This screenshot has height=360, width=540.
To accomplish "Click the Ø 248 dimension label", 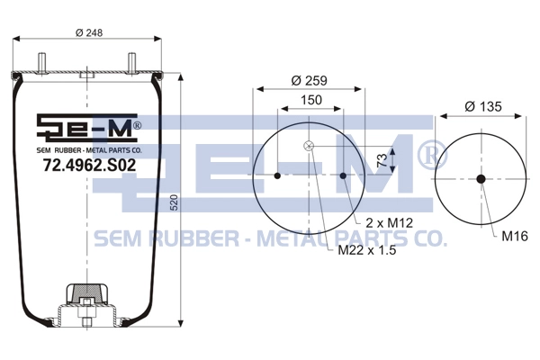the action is point(89,32).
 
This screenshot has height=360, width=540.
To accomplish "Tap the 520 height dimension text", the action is point(175,202).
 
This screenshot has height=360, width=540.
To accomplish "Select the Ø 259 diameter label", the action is point(309,81).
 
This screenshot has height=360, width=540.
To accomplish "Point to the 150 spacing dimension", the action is point(311,100).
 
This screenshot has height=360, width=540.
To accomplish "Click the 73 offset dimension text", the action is point(382,160).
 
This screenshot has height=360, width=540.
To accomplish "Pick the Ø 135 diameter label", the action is point(483,106).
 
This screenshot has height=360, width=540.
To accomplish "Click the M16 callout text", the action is point(515,236).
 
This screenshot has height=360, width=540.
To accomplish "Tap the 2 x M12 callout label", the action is point(389,223).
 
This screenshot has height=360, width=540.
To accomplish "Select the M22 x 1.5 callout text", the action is point(367,250).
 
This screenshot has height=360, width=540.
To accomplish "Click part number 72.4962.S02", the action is point(89,166).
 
